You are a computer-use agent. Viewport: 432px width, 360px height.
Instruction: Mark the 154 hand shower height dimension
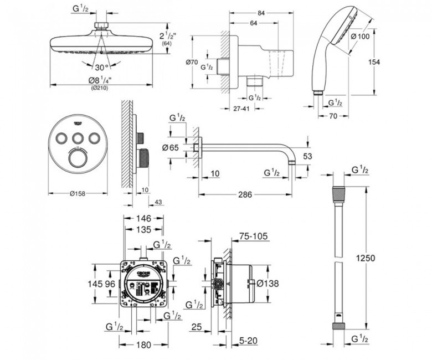click(x=374, y=62)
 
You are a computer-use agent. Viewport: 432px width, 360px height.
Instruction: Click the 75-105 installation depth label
click(x=253, y=236)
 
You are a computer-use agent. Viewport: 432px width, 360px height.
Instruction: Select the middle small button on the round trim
click(x=78, y=138)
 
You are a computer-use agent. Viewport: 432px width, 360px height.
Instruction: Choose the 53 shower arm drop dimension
click(x=308, y=157)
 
